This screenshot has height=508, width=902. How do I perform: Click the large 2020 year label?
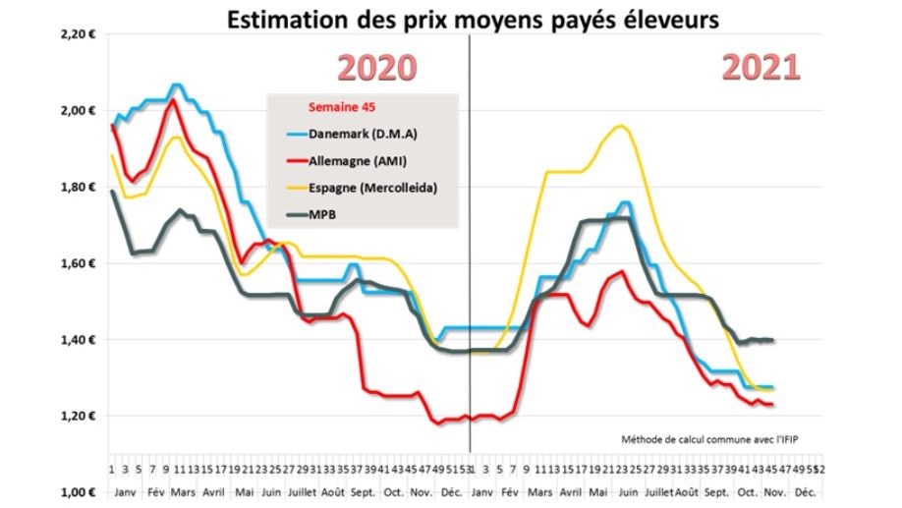pyautogui.click(x=377, y=68)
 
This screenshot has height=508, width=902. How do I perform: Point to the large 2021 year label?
pyautogui.click(x=761, y=68)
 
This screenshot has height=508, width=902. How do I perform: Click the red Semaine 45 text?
pyautogui.click(x=341, y=107)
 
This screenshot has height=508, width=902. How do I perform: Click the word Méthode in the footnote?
pyautogui.click(x=644, y=438)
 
